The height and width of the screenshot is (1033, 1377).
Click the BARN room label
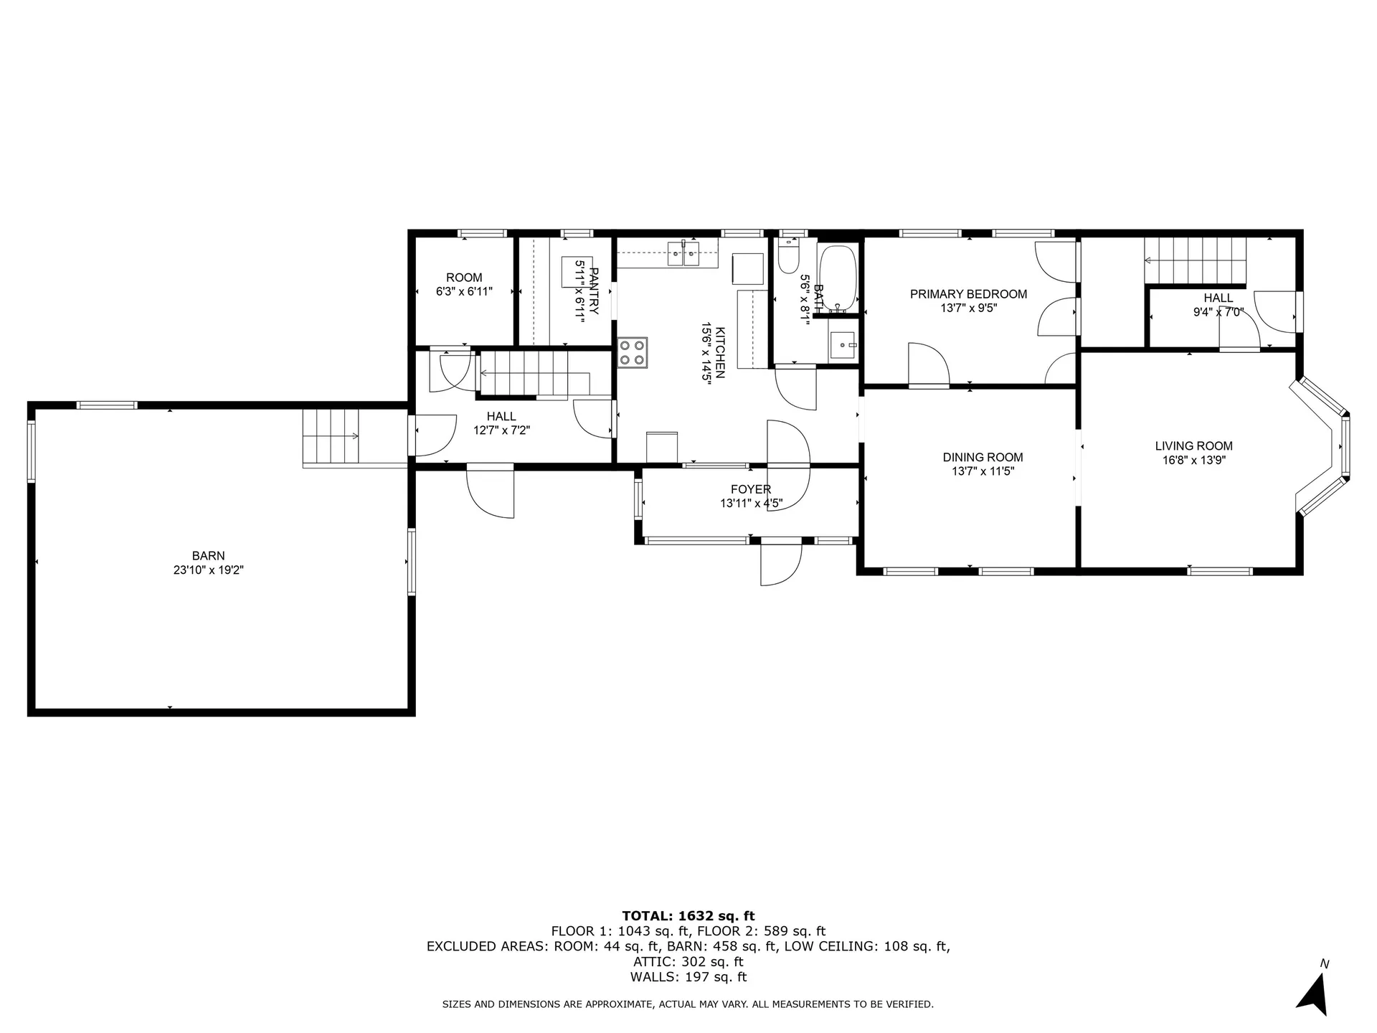[208, 555]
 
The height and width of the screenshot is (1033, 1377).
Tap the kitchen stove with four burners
[633, 352]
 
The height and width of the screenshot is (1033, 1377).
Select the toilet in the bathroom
[788, 257]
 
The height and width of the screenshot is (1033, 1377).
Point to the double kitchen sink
[683, 254]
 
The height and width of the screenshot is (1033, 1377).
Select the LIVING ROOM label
[1193, 445]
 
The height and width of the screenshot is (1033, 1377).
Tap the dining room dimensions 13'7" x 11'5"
[983, 471]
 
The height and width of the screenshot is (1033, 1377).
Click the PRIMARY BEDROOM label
[968, 293]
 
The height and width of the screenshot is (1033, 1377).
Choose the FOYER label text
[751, 489]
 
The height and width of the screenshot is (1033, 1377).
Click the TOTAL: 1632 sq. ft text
[688, 915]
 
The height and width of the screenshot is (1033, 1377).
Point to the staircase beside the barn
[331, 436]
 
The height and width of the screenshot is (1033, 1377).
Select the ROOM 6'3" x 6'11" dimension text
[464, 292]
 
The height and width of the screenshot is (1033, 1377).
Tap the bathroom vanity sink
[843, 346]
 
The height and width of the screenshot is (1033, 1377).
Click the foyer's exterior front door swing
[781, 563]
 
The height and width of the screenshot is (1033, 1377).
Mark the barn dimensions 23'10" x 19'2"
[208, 570]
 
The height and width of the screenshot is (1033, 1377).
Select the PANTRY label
[593, 291]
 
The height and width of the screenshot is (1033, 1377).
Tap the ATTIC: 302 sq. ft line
[688, 961]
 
